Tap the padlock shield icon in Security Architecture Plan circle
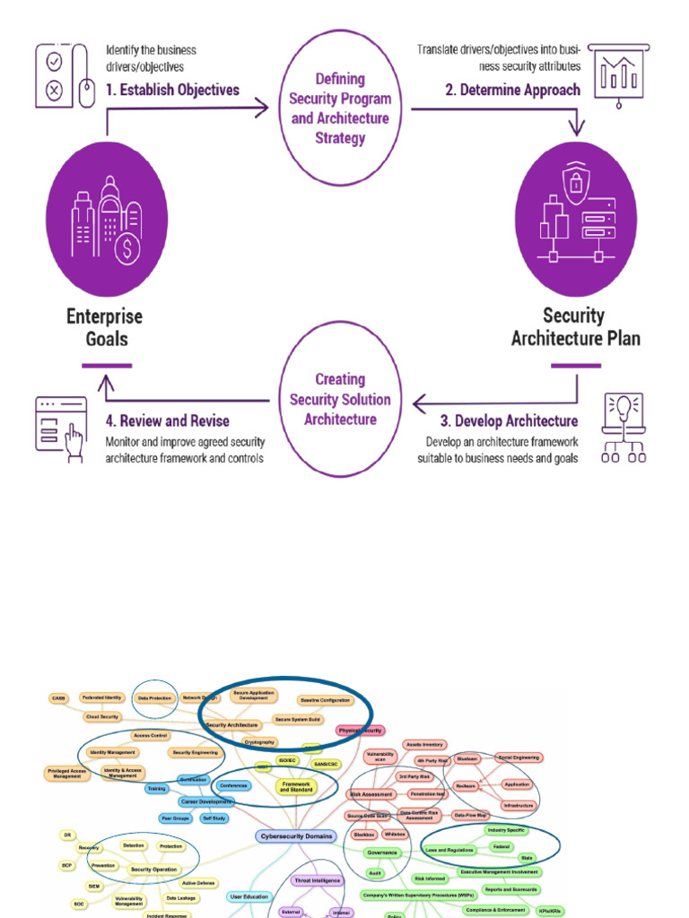coord(574,184)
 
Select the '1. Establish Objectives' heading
coord(173,90)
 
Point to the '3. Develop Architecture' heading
coord(509,420)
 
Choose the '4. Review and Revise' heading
coord(168,420)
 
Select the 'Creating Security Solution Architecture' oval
coord(340,399)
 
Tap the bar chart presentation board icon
coord(618,74)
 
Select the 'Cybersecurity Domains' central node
coord(295,836)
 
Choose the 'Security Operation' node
coord(153,870)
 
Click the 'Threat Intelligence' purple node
coord(317,880)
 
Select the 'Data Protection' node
coord(154,697)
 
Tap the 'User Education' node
coord(249,896)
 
